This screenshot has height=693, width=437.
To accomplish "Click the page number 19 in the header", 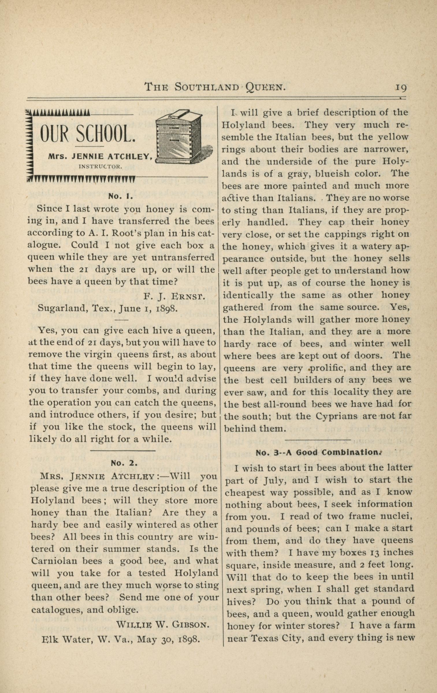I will [401, 87].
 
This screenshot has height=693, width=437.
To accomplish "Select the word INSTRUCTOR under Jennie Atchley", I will [101, 167].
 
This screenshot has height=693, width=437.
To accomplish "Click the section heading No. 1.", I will [120, 197].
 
